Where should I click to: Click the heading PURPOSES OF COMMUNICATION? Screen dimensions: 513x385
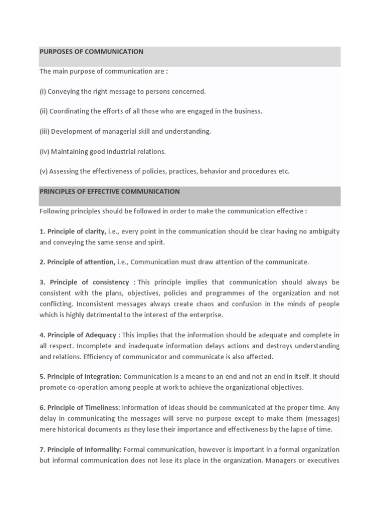point(91,52)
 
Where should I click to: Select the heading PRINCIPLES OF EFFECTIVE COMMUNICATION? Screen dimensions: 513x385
point(110,191)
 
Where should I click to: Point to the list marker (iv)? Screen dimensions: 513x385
point(44,151)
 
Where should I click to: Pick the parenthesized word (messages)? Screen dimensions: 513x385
point(323,419)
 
